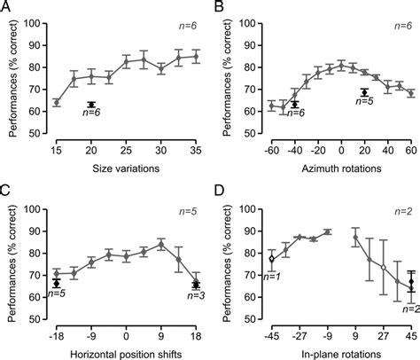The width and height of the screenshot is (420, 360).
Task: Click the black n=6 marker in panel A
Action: click(x=91, y=105)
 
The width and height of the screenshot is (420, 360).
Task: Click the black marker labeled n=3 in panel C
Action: click(x=196, y=285)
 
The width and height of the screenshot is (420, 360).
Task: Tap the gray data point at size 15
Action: click(x=57, y=102)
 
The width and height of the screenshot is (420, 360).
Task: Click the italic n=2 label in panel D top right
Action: click(x=402, y=213)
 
